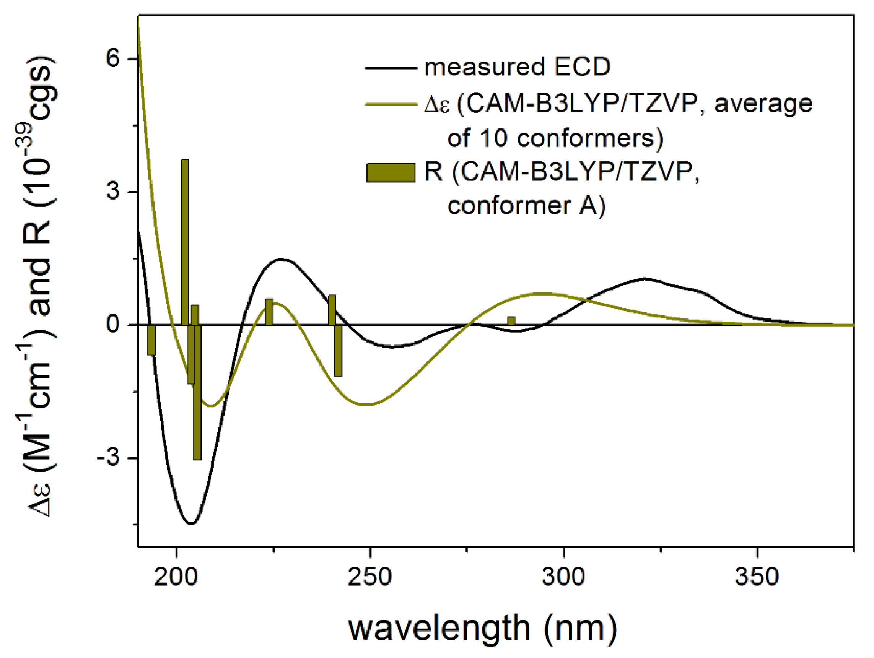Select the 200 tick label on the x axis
click(176, 577)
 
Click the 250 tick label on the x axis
click(369, 577)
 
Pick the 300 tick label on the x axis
click(563, 577)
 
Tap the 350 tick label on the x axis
click(757, 577)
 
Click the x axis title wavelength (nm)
click(482, 628)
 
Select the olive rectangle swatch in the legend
click(391, 172)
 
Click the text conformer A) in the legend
click(526, 206)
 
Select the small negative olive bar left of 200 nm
click(151, 340)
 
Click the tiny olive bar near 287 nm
click(511, 321)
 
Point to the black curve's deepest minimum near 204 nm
click(192, 524)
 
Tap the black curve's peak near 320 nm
click(645, 278)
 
